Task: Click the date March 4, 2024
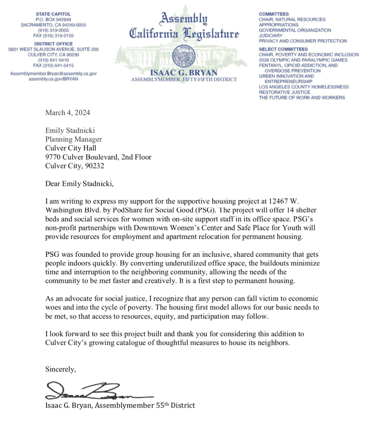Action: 68,113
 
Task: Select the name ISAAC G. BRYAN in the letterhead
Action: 183,73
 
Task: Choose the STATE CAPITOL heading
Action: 54,14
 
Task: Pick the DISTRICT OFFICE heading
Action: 54,44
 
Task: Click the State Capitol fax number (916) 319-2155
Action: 54,35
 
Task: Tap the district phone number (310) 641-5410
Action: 54,60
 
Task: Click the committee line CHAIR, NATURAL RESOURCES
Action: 292,19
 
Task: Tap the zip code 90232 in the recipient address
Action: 94,166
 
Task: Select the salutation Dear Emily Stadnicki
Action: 79,184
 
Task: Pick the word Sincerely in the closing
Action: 61,369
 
